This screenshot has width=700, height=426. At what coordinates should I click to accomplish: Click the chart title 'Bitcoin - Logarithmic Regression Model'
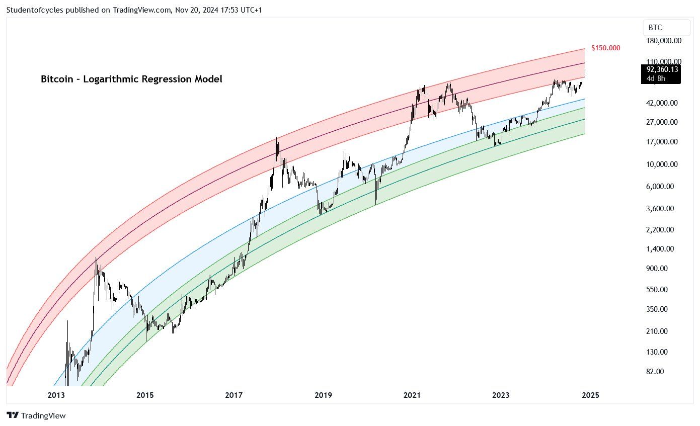[x=131, y=79]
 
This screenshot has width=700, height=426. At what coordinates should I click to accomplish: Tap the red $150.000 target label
[x=605, y=48]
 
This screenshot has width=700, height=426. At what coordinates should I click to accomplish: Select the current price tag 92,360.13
[x=661, y=69]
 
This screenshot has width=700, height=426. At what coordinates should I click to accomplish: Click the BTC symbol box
[x=666, y=28]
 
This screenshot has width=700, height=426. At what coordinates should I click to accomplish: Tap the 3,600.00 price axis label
[x=661, y=208]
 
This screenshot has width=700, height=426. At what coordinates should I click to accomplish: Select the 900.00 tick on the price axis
[x=664, y=269]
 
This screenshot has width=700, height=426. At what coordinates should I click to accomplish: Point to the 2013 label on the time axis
[x=56, y=395]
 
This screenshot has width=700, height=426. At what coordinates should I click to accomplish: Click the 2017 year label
[x=234, y=395]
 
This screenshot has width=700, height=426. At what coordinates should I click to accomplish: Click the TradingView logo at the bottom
[x=36, y=415]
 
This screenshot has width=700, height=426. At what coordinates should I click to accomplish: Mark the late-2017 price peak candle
[x=276, y=137]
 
